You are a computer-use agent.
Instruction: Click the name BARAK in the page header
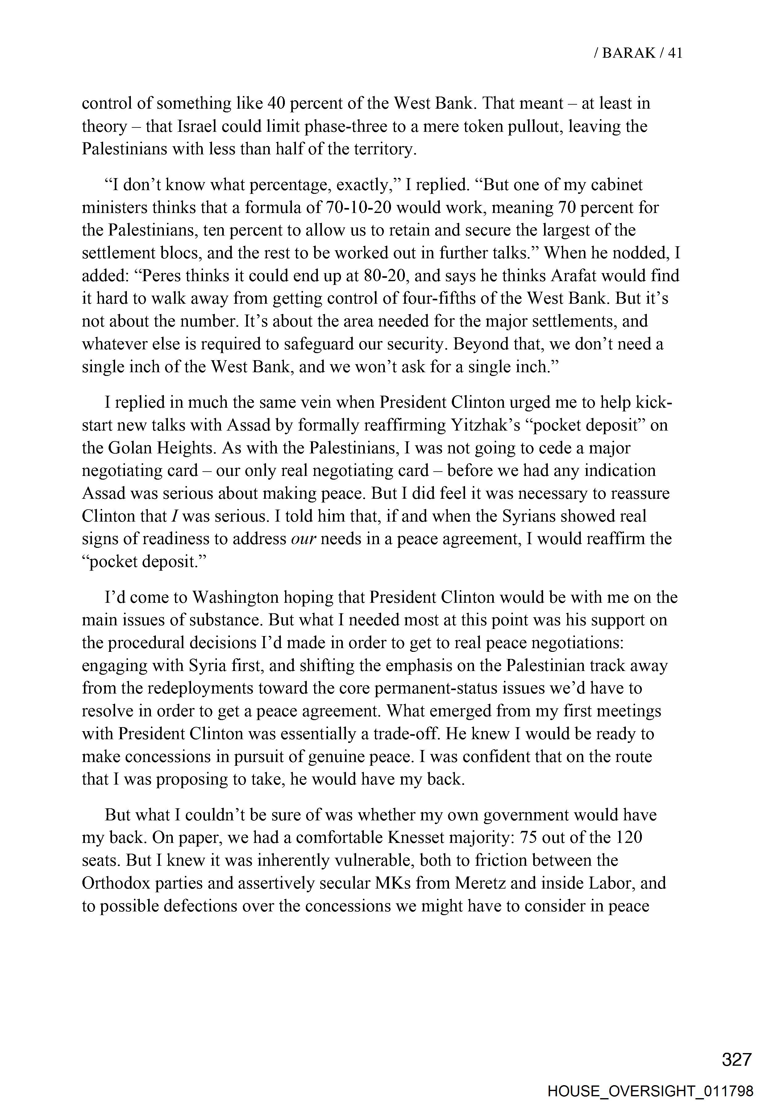(x=628, y=53)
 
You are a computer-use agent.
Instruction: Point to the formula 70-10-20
(x=359, y=208)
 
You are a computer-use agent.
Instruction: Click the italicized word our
(x=303, y=539)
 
